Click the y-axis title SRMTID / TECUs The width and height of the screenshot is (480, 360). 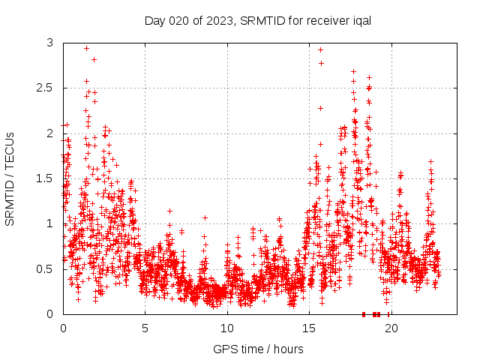coord(10,178)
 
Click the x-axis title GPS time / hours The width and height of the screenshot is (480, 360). coord(258,349)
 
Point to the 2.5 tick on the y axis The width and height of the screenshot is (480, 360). coord(47,88)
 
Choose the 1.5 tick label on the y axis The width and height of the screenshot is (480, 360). coord(47,178)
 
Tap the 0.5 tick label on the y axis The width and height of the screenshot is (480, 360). coord(47,268)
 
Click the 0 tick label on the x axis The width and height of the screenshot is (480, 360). coord(63,328)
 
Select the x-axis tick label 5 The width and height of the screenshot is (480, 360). coord(145,328)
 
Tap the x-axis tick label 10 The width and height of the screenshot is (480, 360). coord(226,328)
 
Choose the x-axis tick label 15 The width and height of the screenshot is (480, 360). coord(308,328)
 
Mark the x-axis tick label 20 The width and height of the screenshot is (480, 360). coord(390,328)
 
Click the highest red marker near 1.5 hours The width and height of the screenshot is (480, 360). coord(87,48)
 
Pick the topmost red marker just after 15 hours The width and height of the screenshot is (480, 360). coord(320,50)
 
